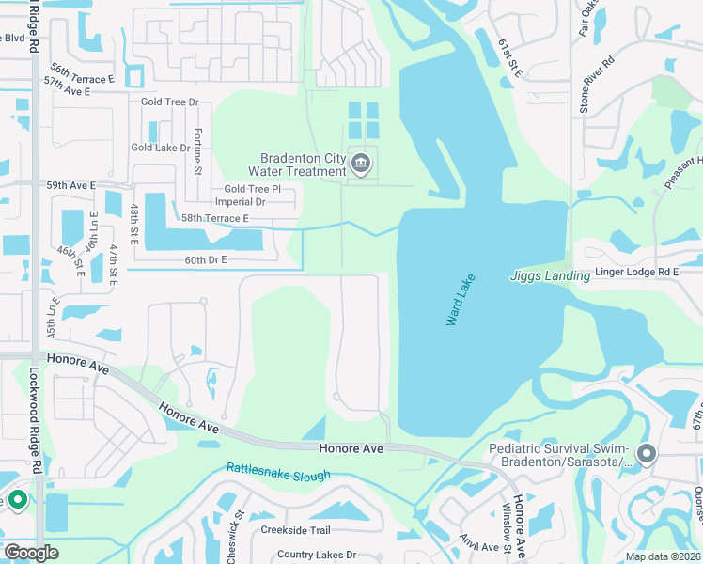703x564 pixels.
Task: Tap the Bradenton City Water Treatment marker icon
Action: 361,165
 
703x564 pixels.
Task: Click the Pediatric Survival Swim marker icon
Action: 646,455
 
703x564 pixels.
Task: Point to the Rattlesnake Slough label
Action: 278,471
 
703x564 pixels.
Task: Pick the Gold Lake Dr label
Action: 161,148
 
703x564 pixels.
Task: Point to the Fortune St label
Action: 198,151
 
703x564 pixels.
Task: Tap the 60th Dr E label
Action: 206,259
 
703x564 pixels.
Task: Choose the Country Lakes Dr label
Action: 317,556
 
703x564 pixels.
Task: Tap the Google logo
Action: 31,553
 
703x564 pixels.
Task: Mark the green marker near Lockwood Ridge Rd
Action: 16,500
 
